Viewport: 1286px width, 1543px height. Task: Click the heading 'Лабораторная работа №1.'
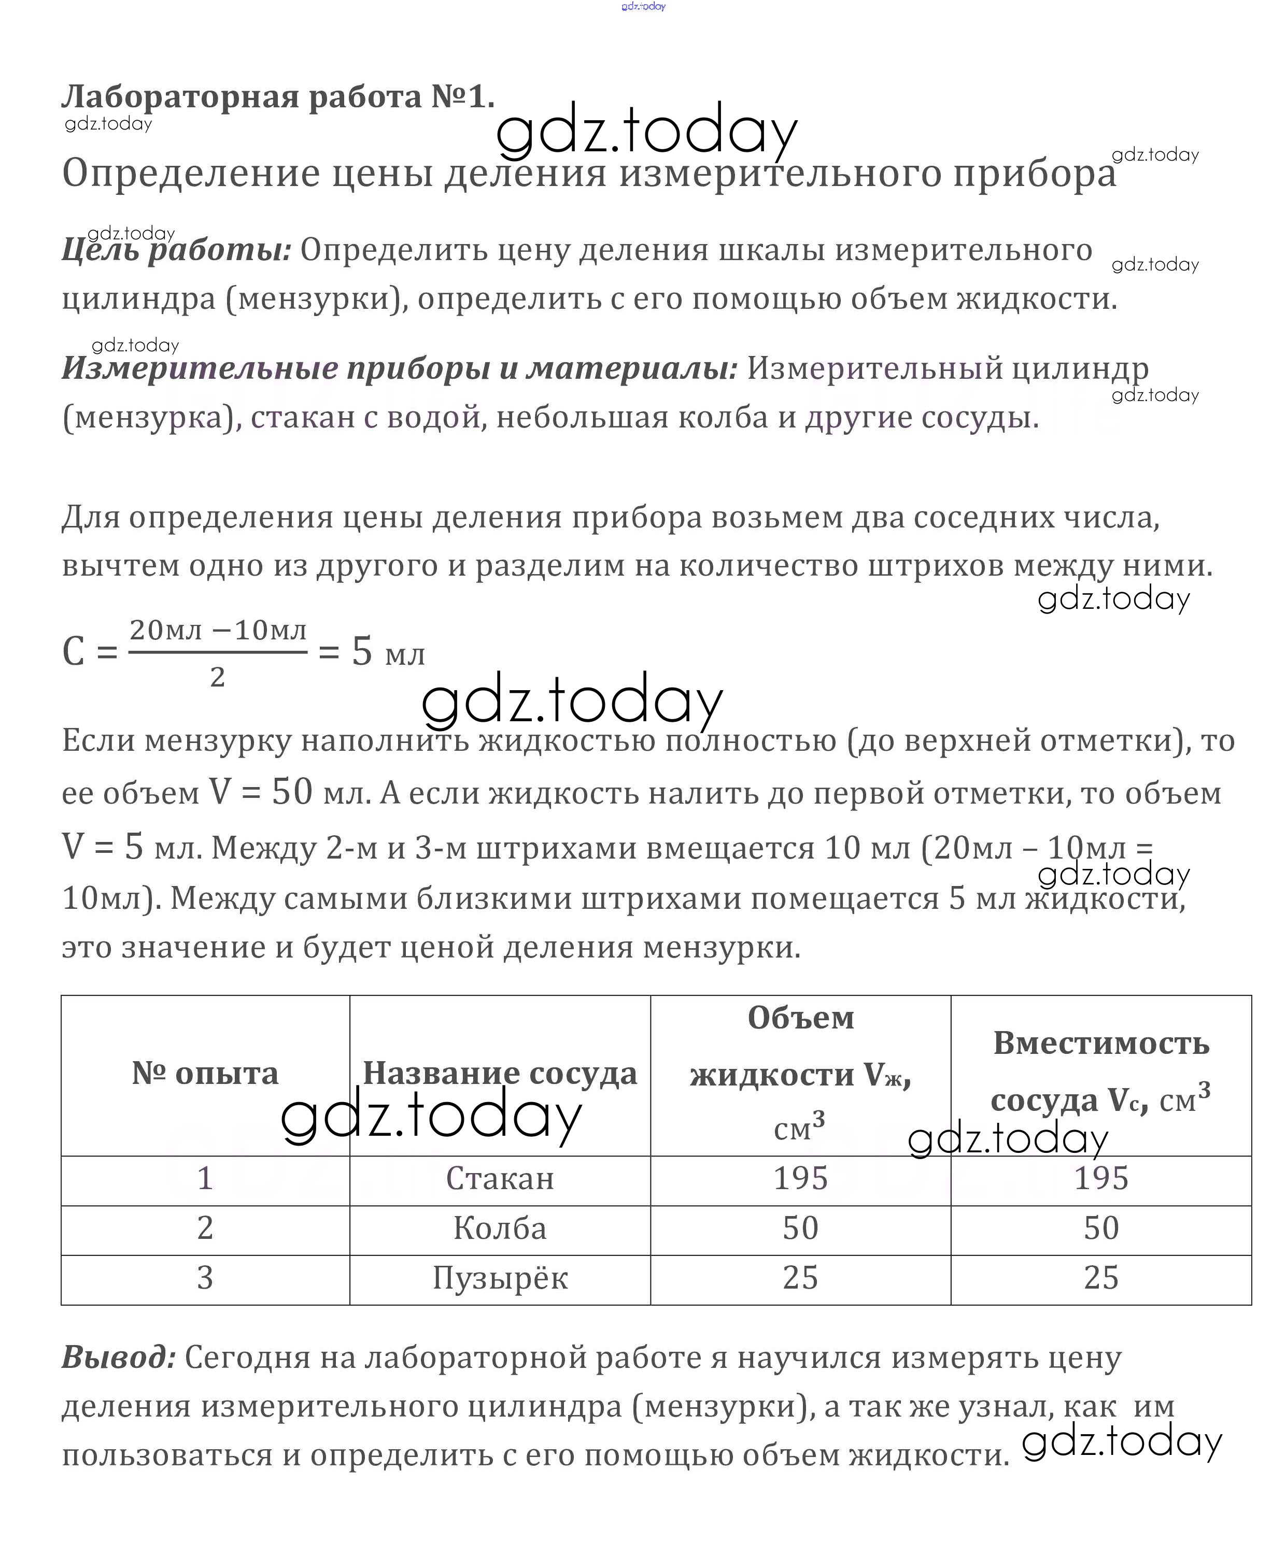pos(278,96)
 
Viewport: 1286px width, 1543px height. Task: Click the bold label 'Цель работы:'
pos(176,251)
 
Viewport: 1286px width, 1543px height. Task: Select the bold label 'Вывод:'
pos(118,1356)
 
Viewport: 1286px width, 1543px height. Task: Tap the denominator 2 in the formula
pos(218,677)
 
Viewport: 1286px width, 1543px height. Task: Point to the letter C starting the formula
pos(74,652)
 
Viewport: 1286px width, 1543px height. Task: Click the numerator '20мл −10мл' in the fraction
pos(218,630)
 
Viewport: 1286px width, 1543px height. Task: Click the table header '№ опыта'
pos(205,1074)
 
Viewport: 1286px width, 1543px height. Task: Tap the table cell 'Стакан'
pos(500,1179)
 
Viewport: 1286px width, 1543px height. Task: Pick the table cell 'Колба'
pos(500,1228)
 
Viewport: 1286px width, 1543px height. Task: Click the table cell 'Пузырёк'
pos(500,1278)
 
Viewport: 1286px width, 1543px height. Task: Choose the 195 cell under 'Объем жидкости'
pos(800,1179)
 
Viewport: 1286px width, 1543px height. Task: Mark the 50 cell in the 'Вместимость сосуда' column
pos(1101,1228)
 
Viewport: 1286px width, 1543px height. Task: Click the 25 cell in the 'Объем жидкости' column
pos(800,1278)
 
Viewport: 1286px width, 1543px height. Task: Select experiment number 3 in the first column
pos(205,1278)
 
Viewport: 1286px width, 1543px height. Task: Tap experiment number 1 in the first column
pos(205,1179)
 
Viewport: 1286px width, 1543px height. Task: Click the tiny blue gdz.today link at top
pos(643,7)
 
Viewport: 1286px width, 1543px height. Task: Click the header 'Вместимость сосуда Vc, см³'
pos(1101,1073)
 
